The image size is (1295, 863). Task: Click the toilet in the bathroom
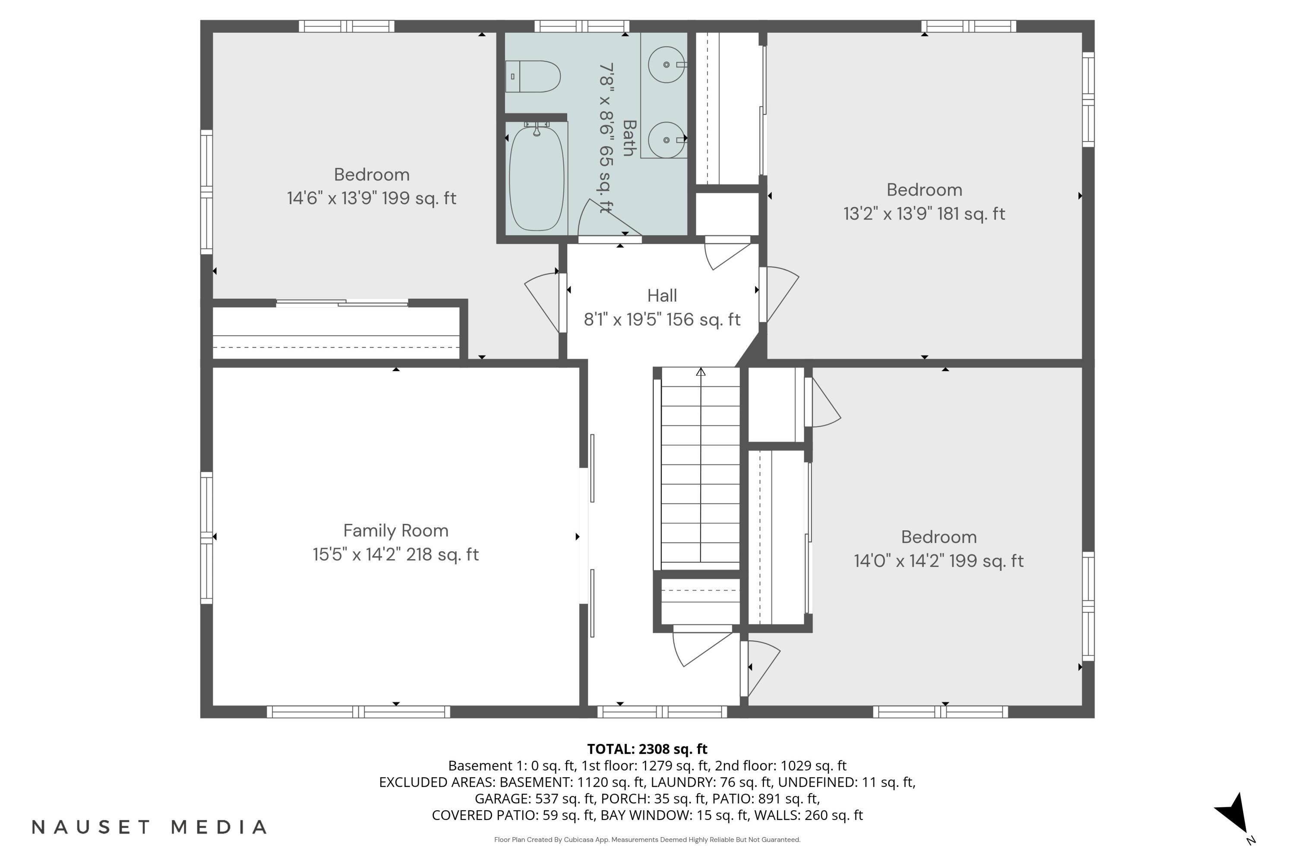(533, 76)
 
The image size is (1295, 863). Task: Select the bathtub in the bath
(537, 180)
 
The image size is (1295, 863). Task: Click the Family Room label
(396, 531)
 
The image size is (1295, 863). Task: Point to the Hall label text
(662, 296)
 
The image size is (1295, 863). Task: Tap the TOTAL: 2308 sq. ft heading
(647, 749)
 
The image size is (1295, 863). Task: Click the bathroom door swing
(606, 220)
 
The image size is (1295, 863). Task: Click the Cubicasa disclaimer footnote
(647, 840)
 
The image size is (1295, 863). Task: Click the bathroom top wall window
(581, 26)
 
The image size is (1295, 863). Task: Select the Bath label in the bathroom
(629, 138)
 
